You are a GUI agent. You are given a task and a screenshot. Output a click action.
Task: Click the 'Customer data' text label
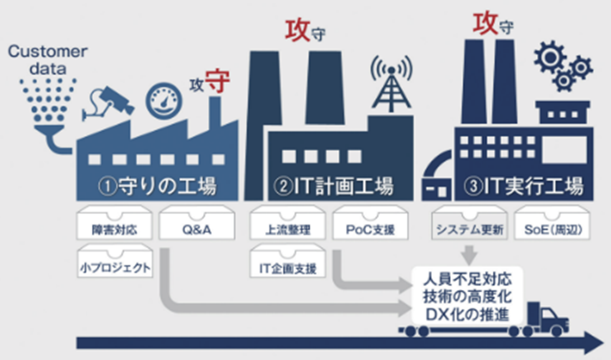click(x=48, y=60)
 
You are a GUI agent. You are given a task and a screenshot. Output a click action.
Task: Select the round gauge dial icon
click(x=164, y=101)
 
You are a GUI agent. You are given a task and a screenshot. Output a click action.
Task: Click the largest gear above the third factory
click(x=549, y=57)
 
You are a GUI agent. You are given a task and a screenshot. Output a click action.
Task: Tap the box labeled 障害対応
click(x=114, y=223)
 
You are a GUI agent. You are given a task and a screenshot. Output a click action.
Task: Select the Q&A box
click(x=197, y=223)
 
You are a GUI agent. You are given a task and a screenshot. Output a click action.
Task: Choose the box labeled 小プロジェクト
click(x=115, y=261)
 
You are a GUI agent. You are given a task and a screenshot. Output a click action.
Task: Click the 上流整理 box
click(x=288, y=223)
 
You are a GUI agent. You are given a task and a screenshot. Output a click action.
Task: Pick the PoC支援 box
click(x=370, y=223)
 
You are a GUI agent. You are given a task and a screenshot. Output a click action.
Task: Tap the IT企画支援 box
click(x=288, y=261)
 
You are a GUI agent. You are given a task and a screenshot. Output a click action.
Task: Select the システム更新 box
click(x=469, y=223)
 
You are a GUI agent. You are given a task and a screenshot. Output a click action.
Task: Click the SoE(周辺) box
click(x=552, y=223)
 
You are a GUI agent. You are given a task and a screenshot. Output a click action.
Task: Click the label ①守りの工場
click(x=158, y=186)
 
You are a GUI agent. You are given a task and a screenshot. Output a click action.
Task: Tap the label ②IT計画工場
click(x=334, y=186)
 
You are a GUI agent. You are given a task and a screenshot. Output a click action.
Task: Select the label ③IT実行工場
click(x=524, y=186)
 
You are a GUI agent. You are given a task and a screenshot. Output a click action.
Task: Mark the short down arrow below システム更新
click(x=469, y=255)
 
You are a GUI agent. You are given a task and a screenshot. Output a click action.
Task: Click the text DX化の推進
click(x=467, y=315)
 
